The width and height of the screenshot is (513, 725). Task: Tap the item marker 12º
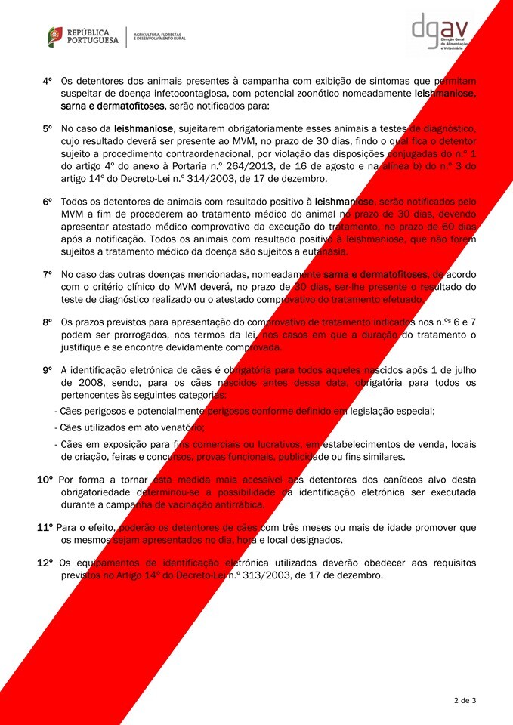coord(45,562)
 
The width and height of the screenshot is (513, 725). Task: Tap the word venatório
coord(178,427)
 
